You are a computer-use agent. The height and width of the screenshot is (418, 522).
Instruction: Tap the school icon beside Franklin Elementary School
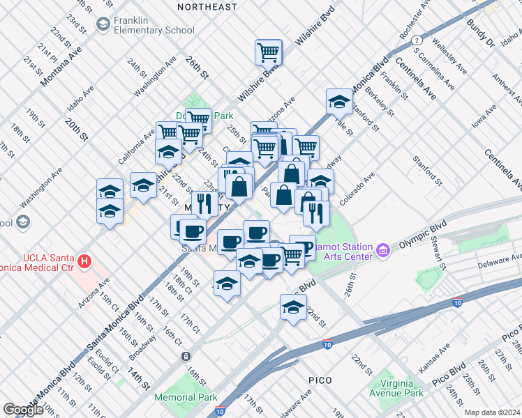(x=103, y=24)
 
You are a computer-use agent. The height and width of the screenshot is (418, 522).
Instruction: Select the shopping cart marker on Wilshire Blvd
(x=268, y=52)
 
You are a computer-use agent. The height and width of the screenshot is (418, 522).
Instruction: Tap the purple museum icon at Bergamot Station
(x=382, y=250)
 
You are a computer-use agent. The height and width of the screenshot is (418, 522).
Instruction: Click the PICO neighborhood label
(x=323, y=380)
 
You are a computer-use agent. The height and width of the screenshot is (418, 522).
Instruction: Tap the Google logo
(x=23, y=409)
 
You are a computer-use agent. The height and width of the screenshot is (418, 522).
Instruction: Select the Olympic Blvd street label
(x=423, y=237)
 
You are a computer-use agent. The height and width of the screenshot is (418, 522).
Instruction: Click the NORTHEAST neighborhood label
(x=207, y=6)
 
